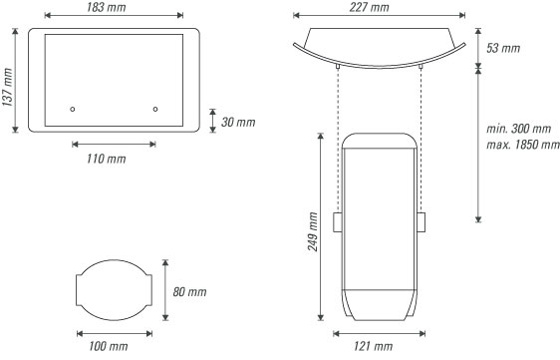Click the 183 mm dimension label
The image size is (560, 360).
point(106,7)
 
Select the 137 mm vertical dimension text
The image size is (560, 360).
point(8,87)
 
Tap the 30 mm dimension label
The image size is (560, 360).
point(238,123)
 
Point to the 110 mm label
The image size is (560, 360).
point(106,159)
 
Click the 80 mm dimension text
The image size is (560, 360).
point(189,292)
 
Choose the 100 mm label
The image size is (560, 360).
point(109,346)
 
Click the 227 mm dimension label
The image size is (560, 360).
point(370,7)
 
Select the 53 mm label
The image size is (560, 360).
point(503,48)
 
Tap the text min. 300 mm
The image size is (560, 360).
point(519,129)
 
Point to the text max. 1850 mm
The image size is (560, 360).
point(523,145)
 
